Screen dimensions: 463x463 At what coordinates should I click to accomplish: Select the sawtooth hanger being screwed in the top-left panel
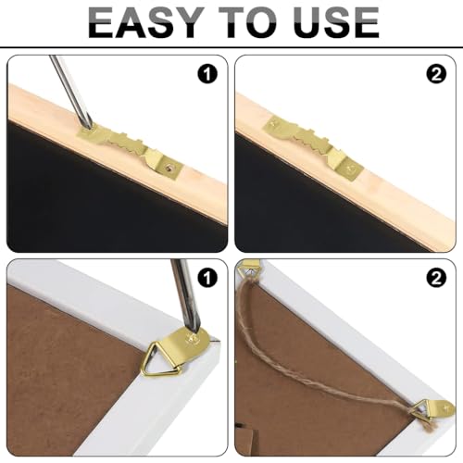[138, 149]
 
